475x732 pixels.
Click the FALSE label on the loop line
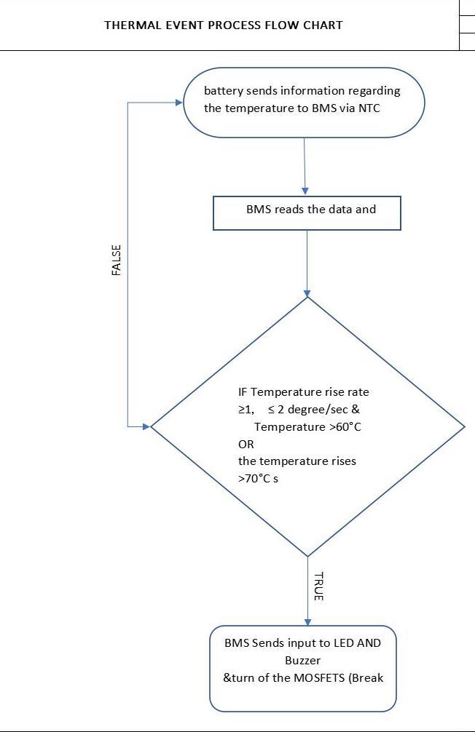(x=117, y=260)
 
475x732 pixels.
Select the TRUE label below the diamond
(x=318, y=586)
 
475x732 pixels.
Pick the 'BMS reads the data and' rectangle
(x=307, y=212)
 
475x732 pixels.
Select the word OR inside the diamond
(x=246, y=444)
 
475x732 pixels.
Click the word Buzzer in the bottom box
(x=302, y=661)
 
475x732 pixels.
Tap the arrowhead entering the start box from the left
(x=178, y=103)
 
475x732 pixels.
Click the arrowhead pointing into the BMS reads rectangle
(x=306, y=191)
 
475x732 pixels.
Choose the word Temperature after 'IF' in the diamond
(x=280, y=391)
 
